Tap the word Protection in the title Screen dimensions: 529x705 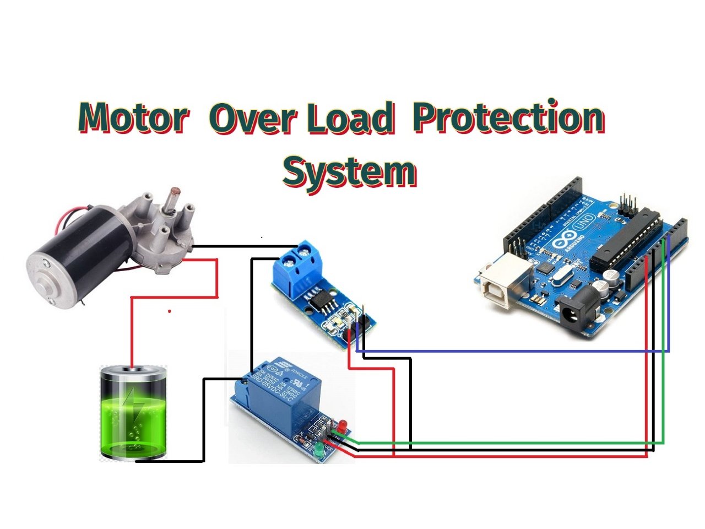coord(509,118)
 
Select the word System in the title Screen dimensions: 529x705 coord(349,172)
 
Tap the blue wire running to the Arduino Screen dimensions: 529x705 coord(512,350)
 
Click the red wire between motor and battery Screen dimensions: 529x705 coord(132,331)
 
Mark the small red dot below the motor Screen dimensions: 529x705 coord(169,311)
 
